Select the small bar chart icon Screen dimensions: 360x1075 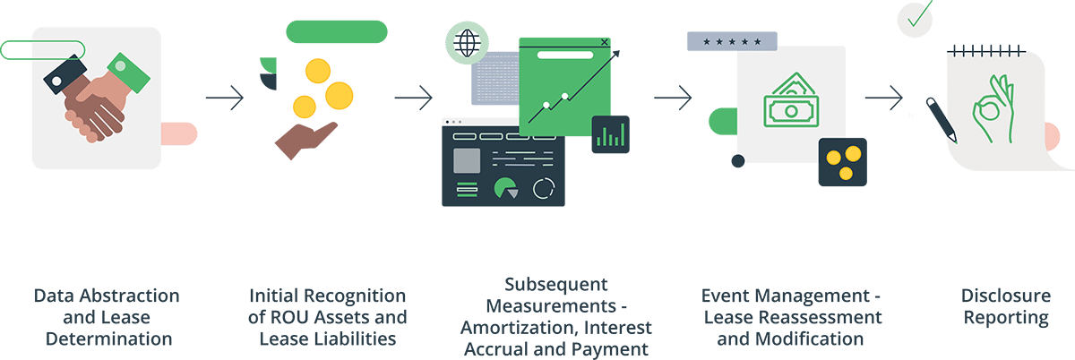(611, 134)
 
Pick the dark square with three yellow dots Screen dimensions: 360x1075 (842, 161)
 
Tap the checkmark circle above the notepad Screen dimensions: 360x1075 (916, 17)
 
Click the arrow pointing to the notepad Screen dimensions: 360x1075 (883, 98)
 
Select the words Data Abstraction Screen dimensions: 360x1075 (107, 296)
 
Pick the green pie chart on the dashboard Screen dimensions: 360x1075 (507, 188)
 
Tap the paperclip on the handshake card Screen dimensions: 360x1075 (43, 50)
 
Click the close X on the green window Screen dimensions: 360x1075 (604, 41)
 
